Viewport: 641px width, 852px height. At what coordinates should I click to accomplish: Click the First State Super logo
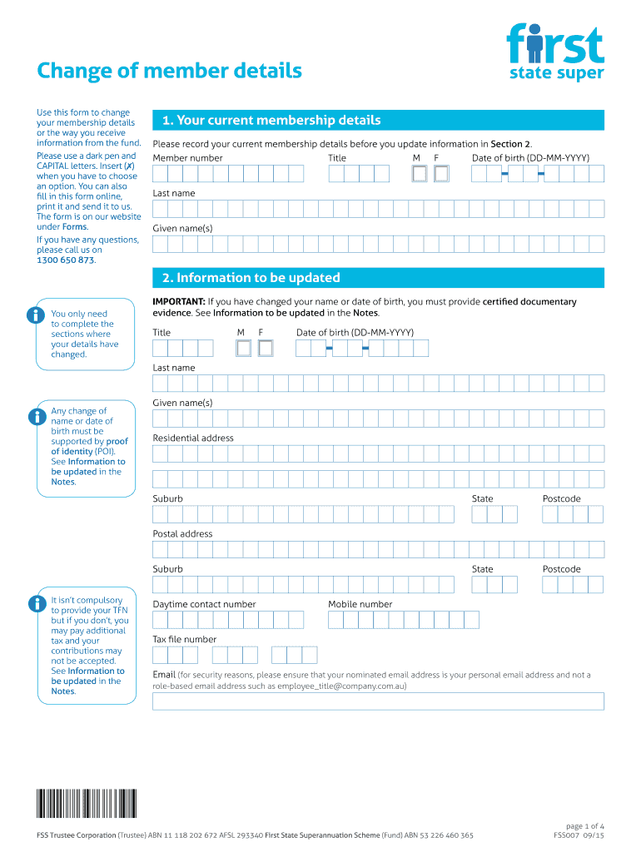click(x=554, y=52)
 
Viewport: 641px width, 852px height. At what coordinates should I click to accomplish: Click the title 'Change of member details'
click(x=169, y=71)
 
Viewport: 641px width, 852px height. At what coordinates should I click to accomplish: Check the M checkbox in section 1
click(x=420, y=173)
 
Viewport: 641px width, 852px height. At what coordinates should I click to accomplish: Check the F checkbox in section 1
click(x=441, y=173)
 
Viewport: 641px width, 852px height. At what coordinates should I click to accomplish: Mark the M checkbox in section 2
click(x=244, y=348)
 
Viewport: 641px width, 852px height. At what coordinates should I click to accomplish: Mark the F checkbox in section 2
click(x=266, y=348)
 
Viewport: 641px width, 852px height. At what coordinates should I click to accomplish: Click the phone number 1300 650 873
click(x=65, y=260)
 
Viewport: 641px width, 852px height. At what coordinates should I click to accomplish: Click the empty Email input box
click(x=378, y=701)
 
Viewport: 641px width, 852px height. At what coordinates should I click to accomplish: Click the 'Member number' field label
click(x=187, y=158)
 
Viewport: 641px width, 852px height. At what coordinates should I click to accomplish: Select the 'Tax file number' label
click(x=184, y=639)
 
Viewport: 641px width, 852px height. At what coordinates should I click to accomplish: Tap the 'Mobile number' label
click(x=360, y=604)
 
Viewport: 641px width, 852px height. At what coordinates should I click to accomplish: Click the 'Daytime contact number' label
click(x=204, y=604)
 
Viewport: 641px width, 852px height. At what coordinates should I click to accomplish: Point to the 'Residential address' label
click(x=193, y=438)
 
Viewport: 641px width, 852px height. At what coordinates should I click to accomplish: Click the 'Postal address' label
click(x=182, y=533)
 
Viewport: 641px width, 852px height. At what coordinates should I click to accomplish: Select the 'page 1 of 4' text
click(x=584, y=825)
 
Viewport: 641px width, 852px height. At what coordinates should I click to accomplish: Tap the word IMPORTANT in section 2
click(x=178, y=301)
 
